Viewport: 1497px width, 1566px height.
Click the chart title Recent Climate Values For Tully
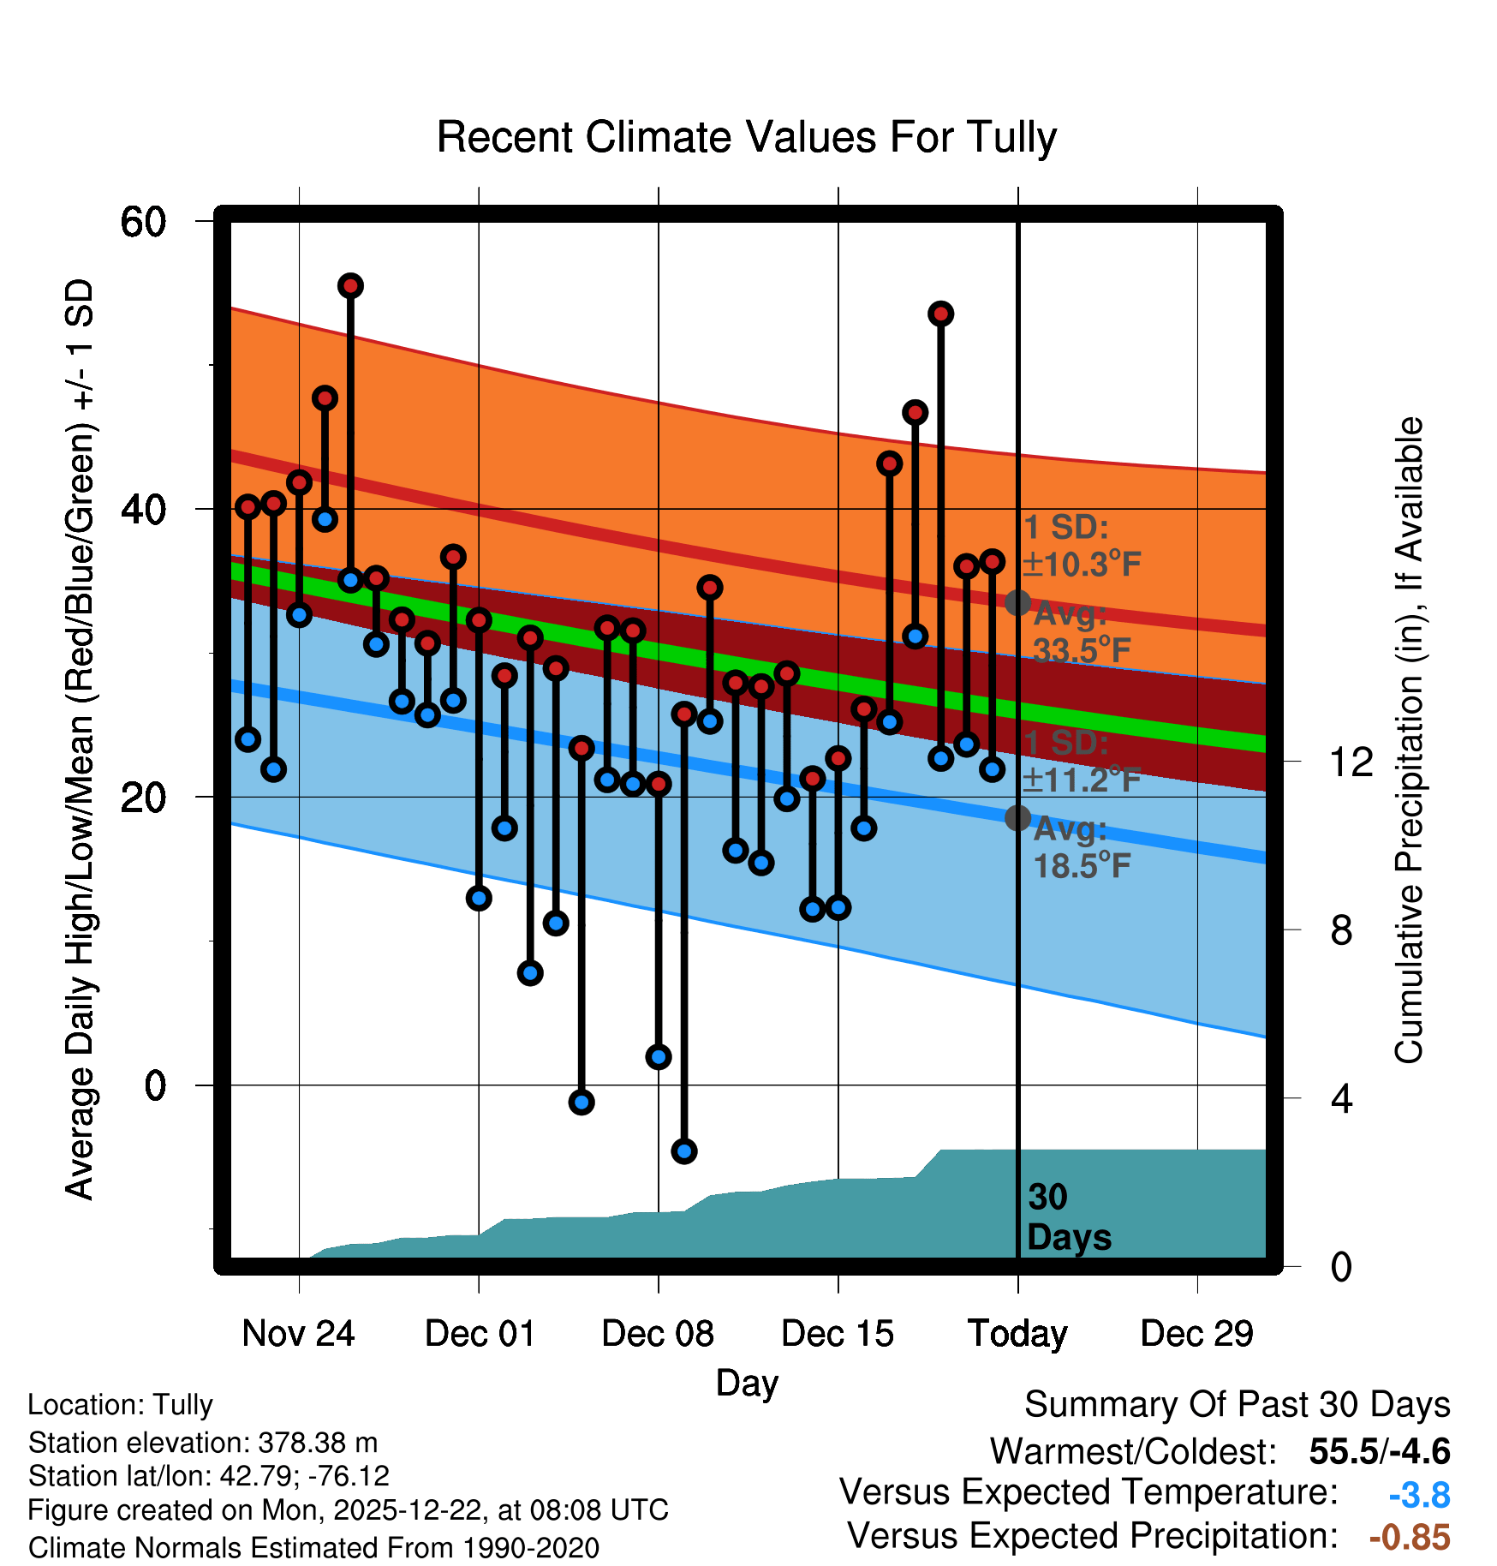tap(747, 137)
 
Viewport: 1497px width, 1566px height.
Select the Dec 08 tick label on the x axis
tap(658, 1334)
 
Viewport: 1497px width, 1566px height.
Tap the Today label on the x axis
tap(1017, 1334)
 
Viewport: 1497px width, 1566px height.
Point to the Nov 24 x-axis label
tap(298, 1334)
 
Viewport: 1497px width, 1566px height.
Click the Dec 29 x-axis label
tap(1196, 1334)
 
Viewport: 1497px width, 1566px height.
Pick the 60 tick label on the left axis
tap(143, 222)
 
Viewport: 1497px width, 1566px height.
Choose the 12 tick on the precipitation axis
tap(1351, 762)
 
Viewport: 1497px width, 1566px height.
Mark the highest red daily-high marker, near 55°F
tap(350, 286)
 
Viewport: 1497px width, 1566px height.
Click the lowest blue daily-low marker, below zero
tap(683, 1151)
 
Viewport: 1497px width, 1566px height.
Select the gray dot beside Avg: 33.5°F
tap(1017, 603)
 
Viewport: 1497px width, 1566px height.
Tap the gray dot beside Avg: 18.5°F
tap(1017, 818)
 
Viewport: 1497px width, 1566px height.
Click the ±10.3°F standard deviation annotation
tap(1082, 565)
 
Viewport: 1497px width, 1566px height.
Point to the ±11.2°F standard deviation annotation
tap(1082, 780)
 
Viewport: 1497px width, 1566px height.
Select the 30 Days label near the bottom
tap(1068, 1217)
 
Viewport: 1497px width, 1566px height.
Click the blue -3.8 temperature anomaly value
tap(1419, 1495)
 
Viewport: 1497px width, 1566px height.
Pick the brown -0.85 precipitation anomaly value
tap(1410, 1537)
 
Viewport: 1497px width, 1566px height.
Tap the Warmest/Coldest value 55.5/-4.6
tap(1380, 1452)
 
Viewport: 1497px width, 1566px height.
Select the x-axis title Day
tap(747, 1383)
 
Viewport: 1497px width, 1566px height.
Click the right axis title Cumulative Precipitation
tap(1409, 740)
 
